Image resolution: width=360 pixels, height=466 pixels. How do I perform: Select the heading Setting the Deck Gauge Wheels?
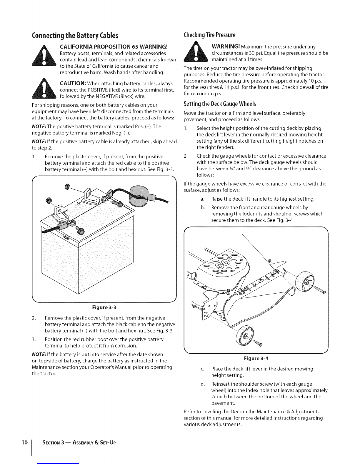(219, 104)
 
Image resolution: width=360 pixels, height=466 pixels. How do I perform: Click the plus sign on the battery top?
(79, 204)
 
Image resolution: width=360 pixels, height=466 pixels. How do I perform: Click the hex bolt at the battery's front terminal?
(80, 230)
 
